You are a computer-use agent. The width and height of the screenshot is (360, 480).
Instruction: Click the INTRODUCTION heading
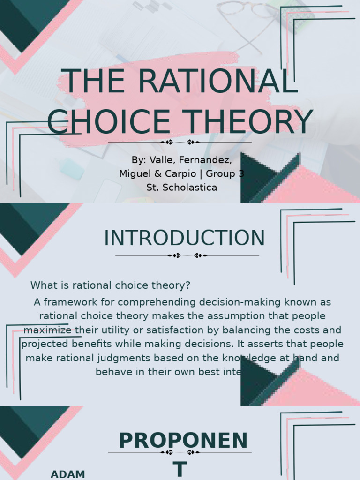coord(184,238)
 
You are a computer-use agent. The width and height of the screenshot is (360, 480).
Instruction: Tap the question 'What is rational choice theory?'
coord(111,285)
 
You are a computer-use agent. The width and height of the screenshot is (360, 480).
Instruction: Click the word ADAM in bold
coord(68,474)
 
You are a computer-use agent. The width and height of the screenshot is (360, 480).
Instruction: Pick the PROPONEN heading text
coord(183,441)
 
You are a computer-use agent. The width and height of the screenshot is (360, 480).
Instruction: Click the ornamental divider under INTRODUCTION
coord(187,255)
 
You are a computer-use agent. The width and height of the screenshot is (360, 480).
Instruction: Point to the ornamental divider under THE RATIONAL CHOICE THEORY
coord(180,142)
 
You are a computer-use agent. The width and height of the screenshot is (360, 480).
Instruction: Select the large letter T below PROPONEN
coord(180,469)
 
